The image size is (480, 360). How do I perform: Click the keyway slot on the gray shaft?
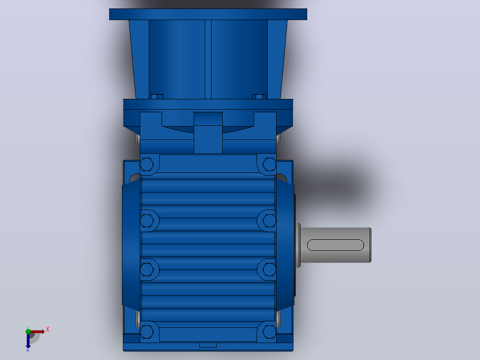[x=336, y=245]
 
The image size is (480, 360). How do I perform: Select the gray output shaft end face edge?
[x=370, y=245]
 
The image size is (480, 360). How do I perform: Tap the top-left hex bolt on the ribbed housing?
[x=146, y=164]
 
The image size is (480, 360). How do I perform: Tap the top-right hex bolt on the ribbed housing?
[x=270, y=164]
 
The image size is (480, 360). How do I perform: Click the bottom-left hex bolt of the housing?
[x=146, y=331]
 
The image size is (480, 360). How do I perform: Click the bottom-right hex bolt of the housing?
[x=270, y=331]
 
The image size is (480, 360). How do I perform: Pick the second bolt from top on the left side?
[x=146, y=220]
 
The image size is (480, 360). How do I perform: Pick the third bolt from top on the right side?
[x=270, y=269]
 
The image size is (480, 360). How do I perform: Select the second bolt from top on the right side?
[x=270, y=220]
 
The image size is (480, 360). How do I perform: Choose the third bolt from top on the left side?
[x=146, y=269]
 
